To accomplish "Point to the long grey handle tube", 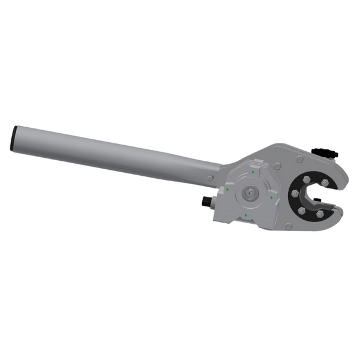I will tap(114, 154).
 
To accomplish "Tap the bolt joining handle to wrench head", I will tap(210, 178).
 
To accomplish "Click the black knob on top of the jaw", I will tap(326, 151).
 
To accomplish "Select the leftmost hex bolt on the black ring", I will tap(295, 193).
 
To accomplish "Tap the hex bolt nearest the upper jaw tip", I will tap(325, 183).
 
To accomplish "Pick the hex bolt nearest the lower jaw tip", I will tap(319, 214).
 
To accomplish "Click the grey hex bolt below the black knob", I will tap(299, 159).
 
